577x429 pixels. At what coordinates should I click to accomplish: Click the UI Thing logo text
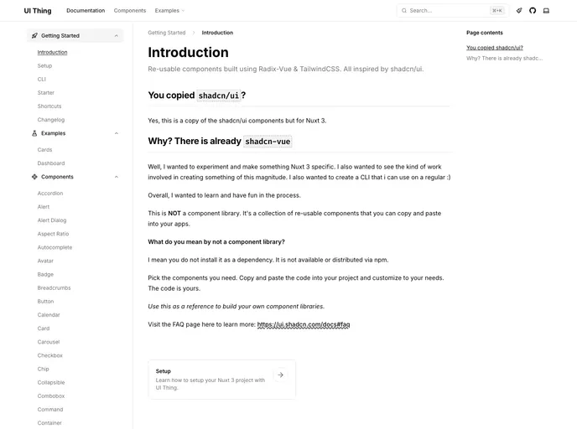(x=37, y=11)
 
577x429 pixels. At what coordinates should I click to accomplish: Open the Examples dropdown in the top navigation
(x=169, y=11)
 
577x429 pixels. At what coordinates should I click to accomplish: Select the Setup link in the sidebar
(x=44, y=65)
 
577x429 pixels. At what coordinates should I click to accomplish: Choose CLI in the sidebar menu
(x=42, y=79)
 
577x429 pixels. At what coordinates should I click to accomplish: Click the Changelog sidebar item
(x=50, y=120)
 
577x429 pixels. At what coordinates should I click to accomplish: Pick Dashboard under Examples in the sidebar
(x=50, y=163)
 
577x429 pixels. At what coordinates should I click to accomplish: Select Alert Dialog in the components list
(x=52, y=220)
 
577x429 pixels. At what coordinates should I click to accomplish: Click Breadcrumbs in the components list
(x=55, y=287)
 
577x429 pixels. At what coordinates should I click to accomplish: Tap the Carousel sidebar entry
(x=49, y=342)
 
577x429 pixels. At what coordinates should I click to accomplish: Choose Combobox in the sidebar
(x=50, y=395)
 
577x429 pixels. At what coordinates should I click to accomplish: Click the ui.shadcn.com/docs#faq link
(x=304, y=324)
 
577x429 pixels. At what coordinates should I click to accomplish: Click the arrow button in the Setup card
(x=280, y=375)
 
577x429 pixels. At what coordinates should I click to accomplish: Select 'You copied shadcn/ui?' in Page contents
(x=495, y=48)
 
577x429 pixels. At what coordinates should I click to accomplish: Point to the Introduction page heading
(x=188, y=52)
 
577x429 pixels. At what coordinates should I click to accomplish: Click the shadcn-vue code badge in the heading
(x=268, y=142)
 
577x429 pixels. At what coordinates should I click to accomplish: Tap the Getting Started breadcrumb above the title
(x=167, y=33)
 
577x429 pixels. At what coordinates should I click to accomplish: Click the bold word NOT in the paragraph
(x=174, y=214)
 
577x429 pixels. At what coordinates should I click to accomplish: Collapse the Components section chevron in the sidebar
(x=117, y=177)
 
